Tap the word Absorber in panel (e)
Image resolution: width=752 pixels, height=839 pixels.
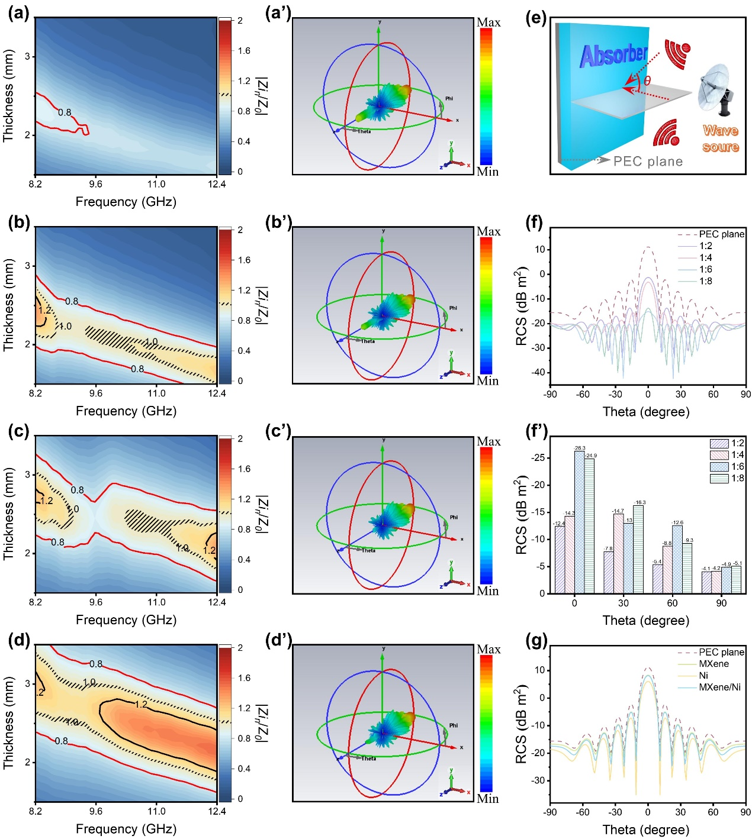coord(613,56)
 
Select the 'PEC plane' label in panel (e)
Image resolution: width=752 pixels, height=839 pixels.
coord(648,162)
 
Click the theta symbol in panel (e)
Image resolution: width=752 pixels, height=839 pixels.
coord(647,80)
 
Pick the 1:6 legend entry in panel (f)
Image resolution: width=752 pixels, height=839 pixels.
coord(705,269)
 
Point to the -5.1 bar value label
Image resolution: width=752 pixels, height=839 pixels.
coord(737,563)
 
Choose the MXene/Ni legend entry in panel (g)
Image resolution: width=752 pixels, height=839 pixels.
coord(719,687)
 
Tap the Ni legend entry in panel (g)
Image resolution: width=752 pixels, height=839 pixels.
coord(703,675)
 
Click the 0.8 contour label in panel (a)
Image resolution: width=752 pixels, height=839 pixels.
coord(65,112)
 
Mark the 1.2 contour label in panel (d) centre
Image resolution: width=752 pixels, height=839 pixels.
coord(140,704)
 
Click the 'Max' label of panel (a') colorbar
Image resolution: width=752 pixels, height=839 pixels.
coord(489,22)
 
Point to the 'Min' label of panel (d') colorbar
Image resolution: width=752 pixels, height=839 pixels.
coord(488,798)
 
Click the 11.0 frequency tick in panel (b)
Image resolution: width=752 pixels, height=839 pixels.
coord(156,393)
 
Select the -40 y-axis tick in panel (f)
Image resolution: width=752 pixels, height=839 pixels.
coord(538,372)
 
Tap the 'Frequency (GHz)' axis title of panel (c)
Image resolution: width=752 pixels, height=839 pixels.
coord(126,619)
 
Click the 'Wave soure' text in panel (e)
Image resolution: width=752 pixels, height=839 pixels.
coord(721,138)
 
